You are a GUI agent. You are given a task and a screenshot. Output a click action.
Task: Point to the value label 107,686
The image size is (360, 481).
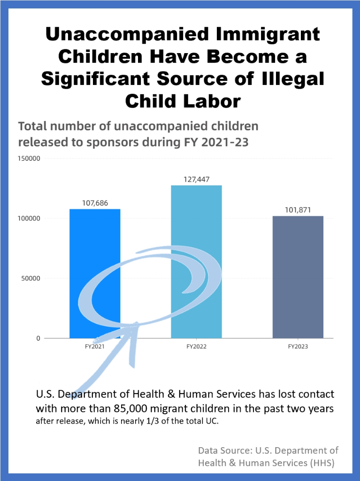point(95,204)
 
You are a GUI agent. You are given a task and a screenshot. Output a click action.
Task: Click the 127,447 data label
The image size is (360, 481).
point(196,179)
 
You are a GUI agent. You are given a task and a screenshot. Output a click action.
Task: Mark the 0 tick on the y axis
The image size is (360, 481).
point(38,338)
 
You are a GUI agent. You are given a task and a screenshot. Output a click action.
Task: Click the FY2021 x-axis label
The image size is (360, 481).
point(95,347)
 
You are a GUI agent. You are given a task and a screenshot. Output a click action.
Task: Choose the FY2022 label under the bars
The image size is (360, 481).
point(196,347)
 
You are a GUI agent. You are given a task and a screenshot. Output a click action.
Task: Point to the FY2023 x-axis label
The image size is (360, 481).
point(298,347)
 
